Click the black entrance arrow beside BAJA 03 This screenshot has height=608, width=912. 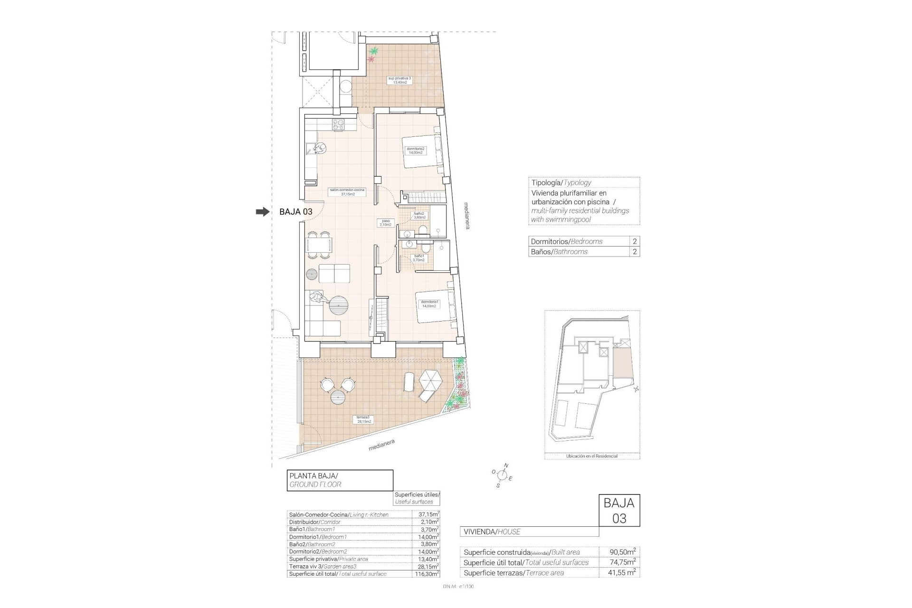click(262, 212)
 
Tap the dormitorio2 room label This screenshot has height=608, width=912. click(416, 151)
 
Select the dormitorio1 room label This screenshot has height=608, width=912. click(429, 304)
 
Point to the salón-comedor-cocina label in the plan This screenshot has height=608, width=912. click(347, 191)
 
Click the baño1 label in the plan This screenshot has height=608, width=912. click(418, 258)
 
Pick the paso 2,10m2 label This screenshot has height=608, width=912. click(385, 222)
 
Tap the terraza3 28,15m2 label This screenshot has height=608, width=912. click(364, 419)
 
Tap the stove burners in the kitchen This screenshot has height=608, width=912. click(338, 125)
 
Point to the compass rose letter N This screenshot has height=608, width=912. click(506, 465)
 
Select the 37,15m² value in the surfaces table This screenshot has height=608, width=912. click(425, 514)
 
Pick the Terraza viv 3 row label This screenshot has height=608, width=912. click(323, 566)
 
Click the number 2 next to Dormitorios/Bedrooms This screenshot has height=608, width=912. click(635, 241)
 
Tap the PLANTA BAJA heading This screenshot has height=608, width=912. click(313, 475)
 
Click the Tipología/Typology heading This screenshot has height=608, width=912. click(561, 182)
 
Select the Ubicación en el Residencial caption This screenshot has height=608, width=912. click(592, 456)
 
